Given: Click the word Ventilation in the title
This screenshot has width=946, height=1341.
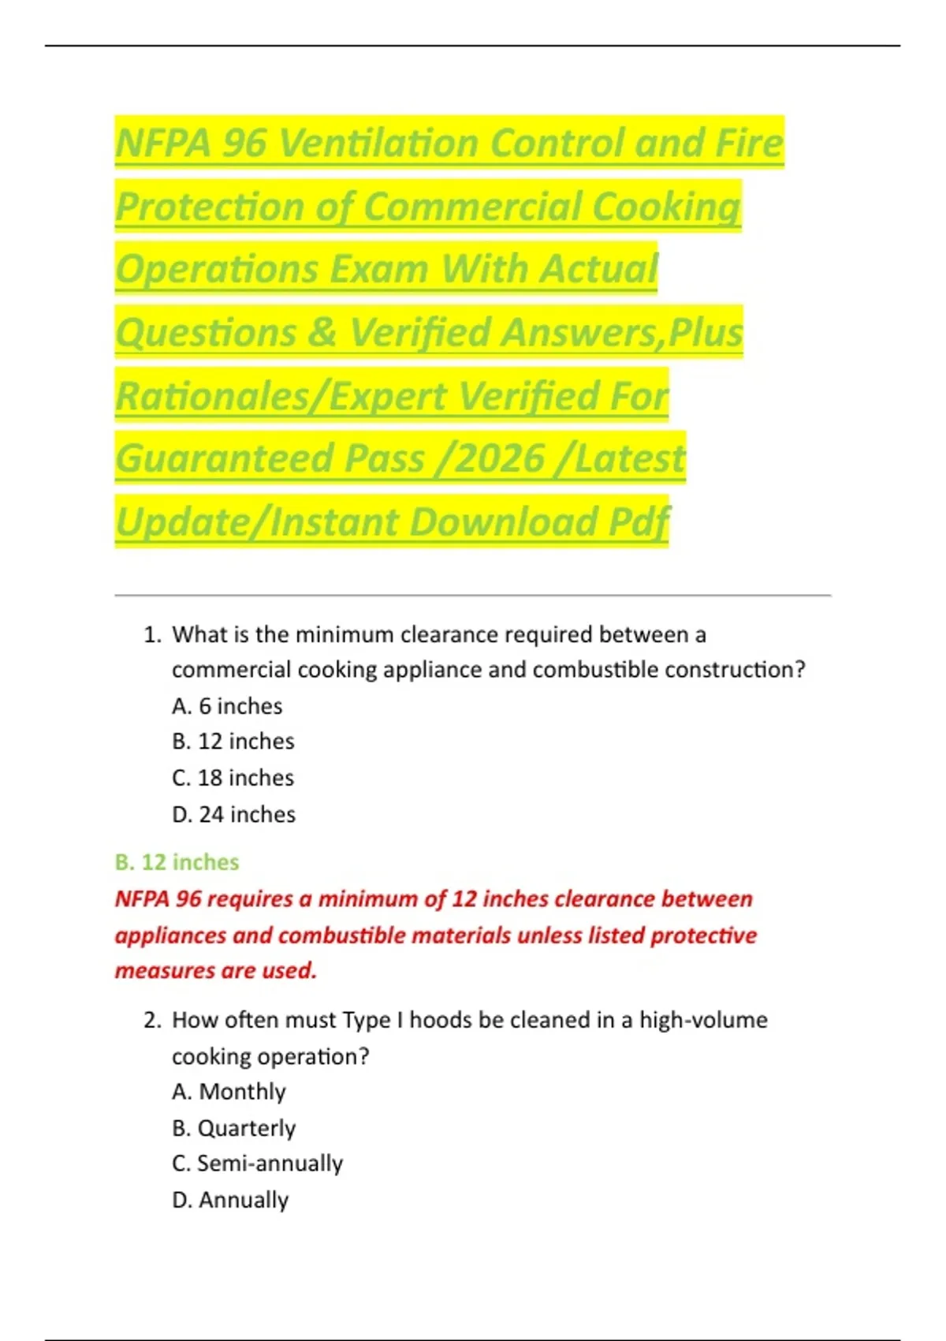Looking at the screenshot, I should (x=382, y=144).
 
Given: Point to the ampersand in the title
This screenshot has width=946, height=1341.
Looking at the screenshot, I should (x=322, y=333).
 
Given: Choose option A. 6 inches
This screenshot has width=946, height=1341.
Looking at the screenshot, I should (x=227, y=706).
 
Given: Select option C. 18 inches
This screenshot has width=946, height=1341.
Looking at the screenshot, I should (x=233, y=778).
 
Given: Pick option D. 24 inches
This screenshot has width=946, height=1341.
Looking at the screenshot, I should (x=233, y=814).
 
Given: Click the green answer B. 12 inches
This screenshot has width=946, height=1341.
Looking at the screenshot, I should (x=177, y=862).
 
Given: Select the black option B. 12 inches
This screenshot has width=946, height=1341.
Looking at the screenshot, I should (x=233, y=741).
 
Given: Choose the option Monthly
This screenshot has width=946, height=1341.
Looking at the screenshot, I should (x=229, y=1092).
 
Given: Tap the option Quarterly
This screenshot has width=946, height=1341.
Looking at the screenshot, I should (x=233, y=1128).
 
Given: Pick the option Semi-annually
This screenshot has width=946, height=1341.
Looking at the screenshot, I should (x=257, y=1164).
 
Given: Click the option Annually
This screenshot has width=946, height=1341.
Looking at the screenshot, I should (x=230, y=1200).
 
